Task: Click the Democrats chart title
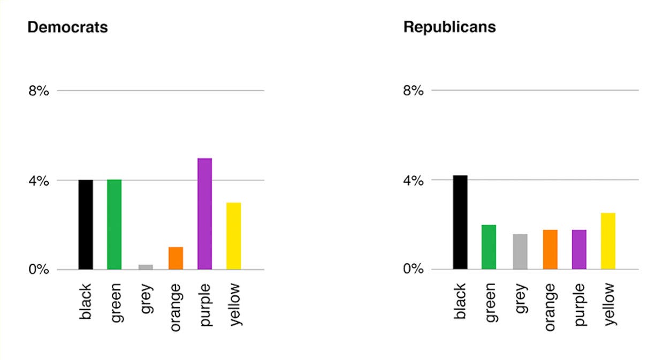pyautogui.click(x=67, y=27)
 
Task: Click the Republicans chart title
pyautogui.click(x=449, y=27)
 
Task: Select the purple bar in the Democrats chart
pyautogui.click(x=204, y=214)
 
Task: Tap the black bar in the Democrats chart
pyautogui.click(x=86, y=225)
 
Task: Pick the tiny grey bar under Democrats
pyautogui.click(x=146, y=267)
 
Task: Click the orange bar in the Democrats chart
pyautogui.click(x=176, y=258)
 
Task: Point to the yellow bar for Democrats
pyautogui.click(x=233, y=236)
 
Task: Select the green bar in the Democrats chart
pyautogui.click(x=115, y=225)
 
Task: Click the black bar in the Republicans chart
pyautogui.click(x=460, y=223)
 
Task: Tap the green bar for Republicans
pyautogui.click(x=489, y=247)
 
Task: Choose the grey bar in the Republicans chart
pyautogui.click(x=520, y=252)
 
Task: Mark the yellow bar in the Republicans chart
pyautogui.click(x=608, y=241)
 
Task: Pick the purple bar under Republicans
pyautogui.click(x=579, y=250)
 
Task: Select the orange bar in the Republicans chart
pyautogui.click(x=550, y=250)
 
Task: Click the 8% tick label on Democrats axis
pyautogui.click(x=39, y=91)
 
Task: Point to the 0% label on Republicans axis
pyautogui.click(x=413, y=269)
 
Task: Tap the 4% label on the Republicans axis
pyautogui.click(x=413, y=180)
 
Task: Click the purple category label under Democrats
pyautogui.click(x=205, y=304)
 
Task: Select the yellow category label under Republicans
pyautogui.click(x=608, y=304)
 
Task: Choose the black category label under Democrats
pyautogui.click(x=86, y=302)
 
